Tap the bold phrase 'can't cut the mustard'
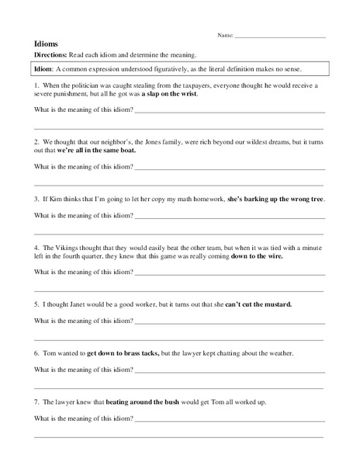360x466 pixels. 258,304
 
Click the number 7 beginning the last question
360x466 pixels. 38,401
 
